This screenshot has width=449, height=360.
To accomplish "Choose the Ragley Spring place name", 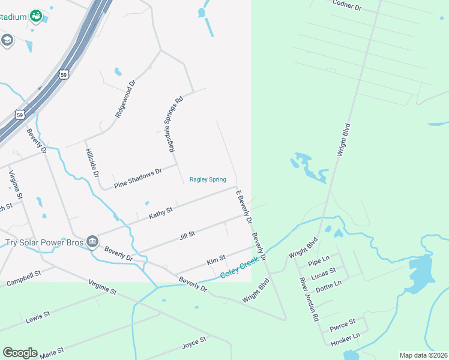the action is click(208, 179).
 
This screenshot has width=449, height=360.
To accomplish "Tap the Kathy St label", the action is click(161, 212).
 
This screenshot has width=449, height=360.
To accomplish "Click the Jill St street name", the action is click(187, 234).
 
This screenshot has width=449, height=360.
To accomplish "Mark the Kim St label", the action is click(215, 260).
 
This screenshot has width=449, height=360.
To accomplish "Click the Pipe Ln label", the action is click(319, 260).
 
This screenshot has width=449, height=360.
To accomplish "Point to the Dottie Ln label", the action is click(328, 283).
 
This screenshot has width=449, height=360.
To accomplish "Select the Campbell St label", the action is click(23, 278).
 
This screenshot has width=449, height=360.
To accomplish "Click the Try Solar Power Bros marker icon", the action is click(92, 241).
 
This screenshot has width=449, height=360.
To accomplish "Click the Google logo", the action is click(20, 352).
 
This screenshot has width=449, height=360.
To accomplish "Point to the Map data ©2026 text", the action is click(423, 355).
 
